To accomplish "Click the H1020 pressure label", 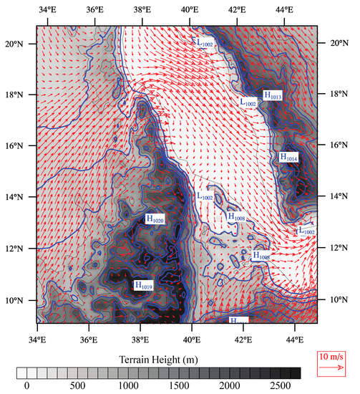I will pyautogui.click(x=155, y=219).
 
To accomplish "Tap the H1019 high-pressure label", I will pyautogui.click(x=142, y=285).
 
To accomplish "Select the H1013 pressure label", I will pyautogui.click(x=273, y=94).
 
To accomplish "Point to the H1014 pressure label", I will pyautogui.click(x=288, y=157).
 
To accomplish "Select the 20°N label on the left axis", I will pyautogui.click(x=14, y=43).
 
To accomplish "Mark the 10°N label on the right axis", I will pyautogui.click(x=336, y=299).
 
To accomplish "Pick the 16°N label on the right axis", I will pyautogui.click(x=336, y=145).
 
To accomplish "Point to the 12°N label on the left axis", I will pyautogui.click(x=14, y=249).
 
